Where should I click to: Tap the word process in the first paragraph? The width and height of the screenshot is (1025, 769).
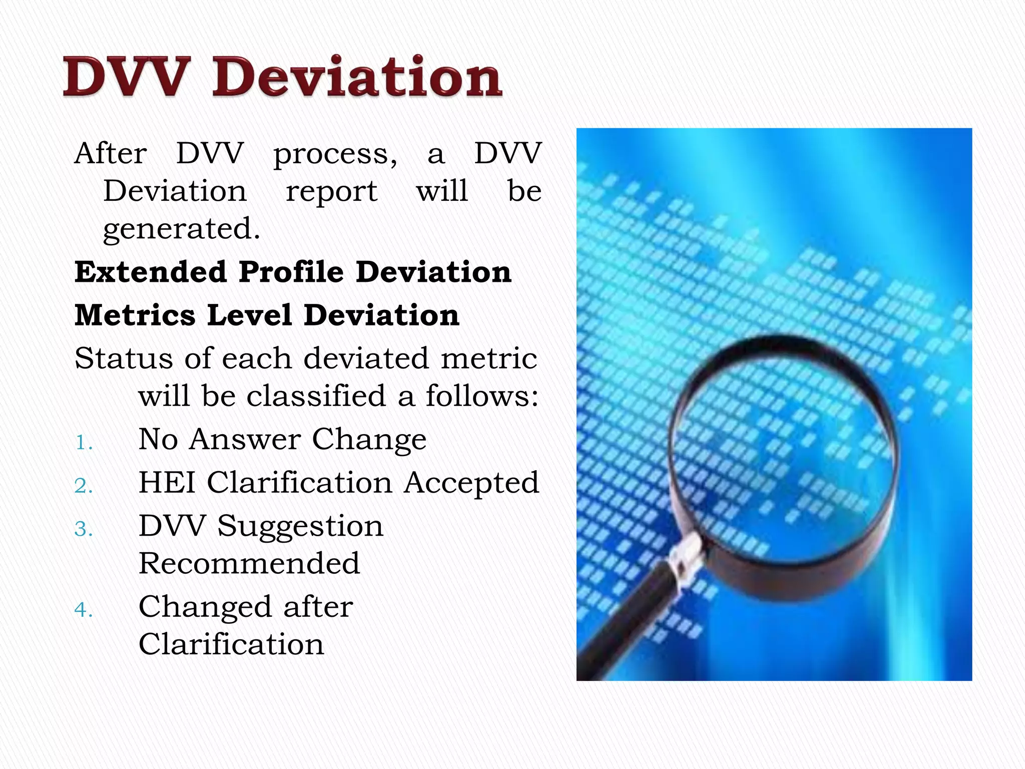[x=335, y=154]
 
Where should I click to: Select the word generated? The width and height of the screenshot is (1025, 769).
[x=182, y=229]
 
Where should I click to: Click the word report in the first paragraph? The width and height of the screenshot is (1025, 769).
[x=331, y=192]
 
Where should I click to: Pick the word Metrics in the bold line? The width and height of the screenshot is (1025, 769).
[x=135, y=315]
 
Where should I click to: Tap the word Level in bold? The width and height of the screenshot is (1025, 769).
[x=249, y=315]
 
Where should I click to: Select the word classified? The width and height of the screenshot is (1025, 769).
[x=316, y=396]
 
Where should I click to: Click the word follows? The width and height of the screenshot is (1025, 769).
[x=482, y=396]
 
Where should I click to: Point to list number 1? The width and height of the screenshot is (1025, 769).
[x=84, y=443]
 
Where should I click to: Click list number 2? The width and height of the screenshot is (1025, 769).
[x=84, y=486]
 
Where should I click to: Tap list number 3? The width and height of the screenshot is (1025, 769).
[x=84, y=529]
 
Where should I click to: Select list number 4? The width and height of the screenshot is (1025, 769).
[x=84, y=610]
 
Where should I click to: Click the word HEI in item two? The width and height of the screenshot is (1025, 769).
[x=167, y=483]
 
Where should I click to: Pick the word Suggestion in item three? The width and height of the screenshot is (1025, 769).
[x=300, y=526]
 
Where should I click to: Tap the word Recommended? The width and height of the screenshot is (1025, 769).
[x=249, y=564]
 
